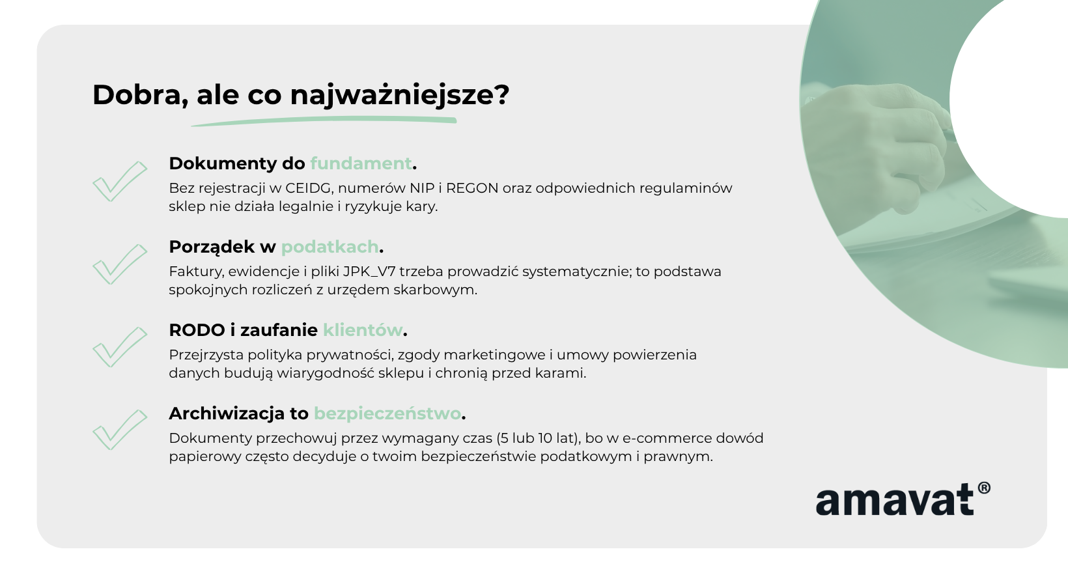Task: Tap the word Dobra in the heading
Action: point(137,94)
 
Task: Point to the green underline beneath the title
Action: point(324,122)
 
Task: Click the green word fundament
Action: point(361,163)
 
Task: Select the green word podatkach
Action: point(330,247)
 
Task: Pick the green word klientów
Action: point(363,330)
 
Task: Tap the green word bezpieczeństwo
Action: point(387,413)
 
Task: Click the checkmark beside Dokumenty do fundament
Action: point(120,181)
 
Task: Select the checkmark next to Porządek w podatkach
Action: point(120,264)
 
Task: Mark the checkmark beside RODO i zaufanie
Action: point(120,347)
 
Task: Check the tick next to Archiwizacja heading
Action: point(120,430)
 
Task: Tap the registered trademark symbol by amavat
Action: point(984,488)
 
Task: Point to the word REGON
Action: point(472,188)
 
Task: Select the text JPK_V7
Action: point(369,272)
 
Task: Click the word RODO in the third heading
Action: point(197,330)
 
